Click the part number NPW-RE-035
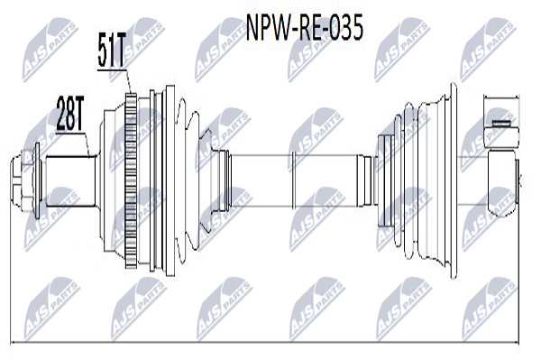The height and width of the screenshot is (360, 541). pos(304,28)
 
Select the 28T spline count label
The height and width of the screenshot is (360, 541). pos(69,113)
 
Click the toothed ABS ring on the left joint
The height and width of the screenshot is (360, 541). pos(131,180)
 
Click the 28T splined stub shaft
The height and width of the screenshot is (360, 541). pos(70,181)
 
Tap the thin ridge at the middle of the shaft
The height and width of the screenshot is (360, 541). pos(293,180)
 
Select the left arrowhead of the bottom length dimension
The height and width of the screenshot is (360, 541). pos(14,343)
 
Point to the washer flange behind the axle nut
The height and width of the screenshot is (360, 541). pos(37,180)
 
